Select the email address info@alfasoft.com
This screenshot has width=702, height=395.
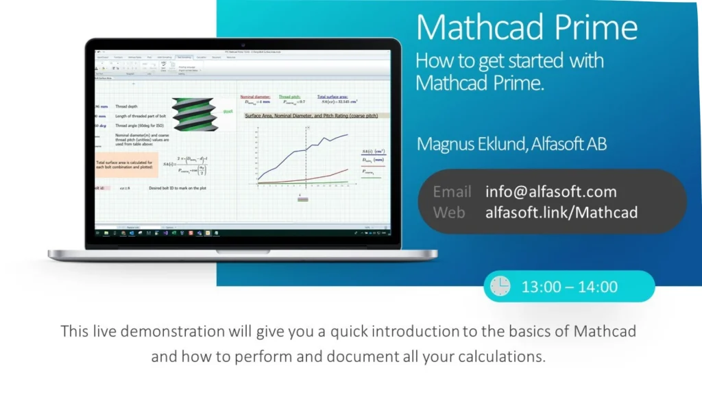click(x=550, y=192)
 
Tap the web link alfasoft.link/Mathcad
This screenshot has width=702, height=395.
click(x=561, y=213)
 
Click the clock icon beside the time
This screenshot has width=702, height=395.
click(x=500, y=286)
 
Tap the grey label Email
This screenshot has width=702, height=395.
click(x=452, y=192)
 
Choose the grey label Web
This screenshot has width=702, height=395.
click(x=449, y=213)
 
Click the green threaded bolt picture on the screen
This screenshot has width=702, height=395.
click(x=194, y=113)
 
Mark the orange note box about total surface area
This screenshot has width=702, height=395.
click(x=127, y=165)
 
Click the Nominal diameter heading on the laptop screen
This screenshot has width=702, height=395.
click(x=255, y=97)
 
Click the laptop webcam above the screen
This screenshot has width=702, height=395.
click(x=243, y=44)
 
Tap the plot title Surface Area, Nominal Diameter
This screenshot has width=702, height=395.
click(x=311, y=116)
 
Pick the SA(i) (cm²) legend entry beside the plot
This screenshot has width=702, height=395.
click(x=373, y=152)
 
